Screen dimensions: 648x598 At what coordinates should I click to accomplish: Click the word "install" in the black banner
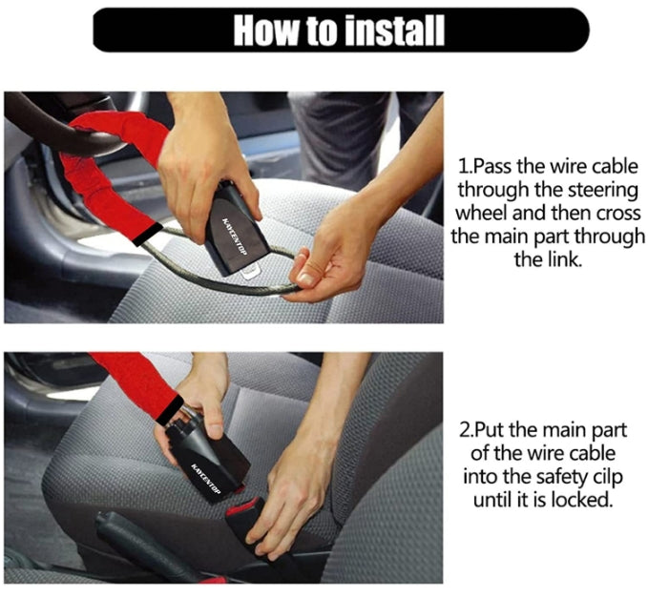395,31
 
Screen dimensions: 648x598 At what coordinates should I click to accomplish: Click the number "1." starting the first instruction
465,167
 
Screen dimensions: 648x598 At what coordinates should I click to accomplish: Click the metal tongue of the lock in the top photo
251,274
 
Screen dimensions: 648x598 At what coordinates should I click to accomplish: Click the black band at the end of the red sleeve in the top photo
148,235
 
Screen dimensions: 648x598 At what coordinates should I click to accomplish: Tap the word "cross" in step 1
618,214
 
